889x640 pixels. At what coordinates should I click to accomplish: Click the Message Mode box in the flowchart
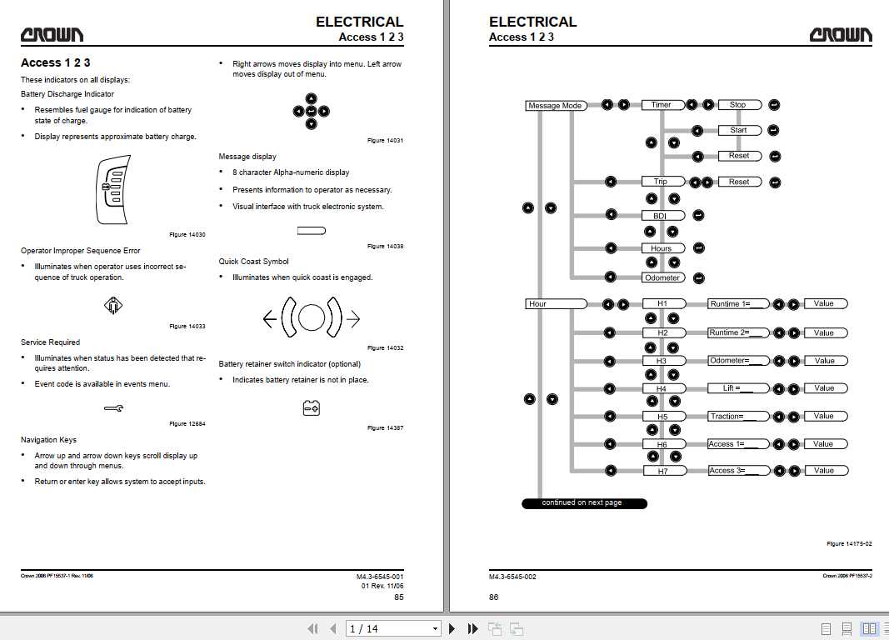click(555, 106)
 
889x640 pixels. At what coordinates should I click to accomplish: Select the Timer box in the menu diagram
click(662, 105)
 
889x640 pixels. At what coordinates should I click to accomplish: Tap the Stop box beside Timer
click(739, 105)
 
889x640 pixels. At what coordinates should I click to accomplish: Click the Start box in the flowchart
click(739, 130)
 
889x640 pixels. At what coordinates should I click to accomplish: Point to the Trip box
click(662, 182)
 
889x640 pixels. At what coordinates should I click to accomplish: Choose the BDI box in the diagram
click(662, 215)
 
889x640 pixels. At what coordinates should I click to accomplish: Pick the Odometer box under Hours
click(662, 277)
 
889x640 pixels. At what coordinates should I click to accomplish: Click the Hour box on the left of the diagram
click(555, 304)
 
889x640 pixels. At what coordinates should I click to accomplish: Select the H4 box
click(664, 389)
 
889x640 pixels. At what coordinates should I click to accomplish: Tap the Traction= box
click(738, 416)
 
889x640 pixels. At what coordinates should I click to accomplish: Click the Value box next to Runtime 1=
click(826, 304)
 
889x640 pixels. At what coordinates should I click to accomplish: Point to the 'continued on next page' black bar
click(584, 502)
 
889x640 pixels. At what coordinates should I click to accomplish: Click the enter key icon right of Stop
click(774, 105)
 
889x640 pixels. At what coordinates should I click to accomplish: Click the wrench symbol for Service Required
click(114, 407)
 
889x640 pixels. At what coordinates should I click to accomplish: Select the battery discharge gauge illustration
click(113, 190)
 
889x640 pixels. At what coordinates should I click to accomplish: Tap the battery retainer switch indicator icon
click(312, 408)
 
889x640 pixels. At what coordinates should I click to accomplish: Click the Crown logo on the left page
click(52, 35)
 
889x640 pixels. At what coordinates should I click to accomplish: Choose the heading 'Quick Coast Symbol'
click(253, 262)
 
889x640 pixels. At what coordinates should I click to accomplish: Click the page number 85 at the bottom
click(398, 597)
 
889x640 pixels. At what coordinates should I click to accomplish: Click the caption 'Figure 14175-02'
click(849, 543)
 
